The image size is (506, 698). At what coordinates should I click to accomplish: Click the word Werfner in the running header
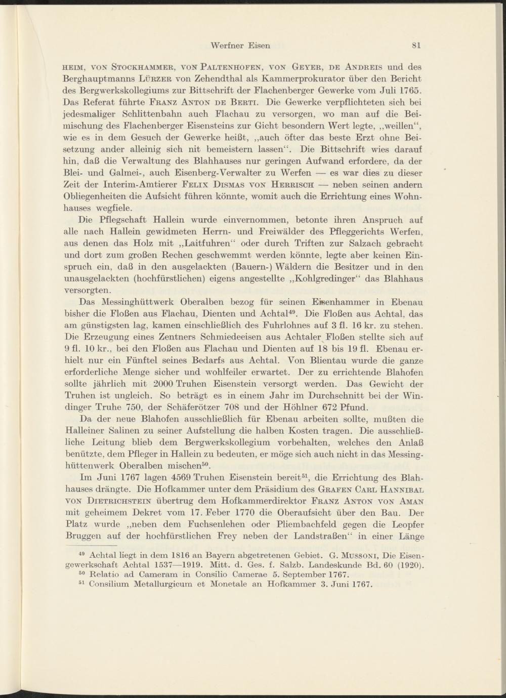(226, 45)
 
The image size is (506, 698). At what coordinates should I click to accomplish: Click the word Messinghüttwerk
(131, 303)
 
